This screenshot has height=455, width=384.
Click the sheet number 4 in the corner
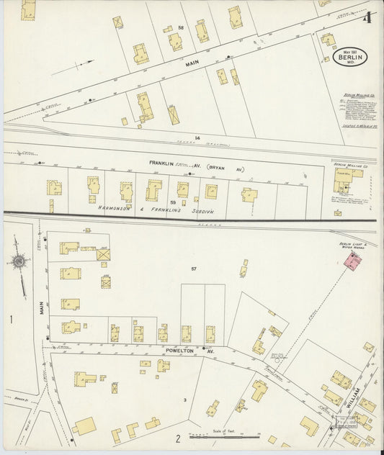click(x=367, y=18)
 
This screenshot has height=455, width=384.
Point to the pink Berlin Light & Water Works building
click(x=352, y=264)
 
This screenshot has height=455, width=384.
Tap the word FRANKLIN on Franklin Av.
click(x=162, y=163)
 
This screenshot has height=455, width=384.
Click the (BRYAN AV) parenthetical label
click(x=227, y=168)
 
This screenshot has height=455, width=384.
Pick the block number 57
click(x=194, y=269)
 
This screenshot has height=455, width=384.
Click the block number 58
click(x=181, y=27)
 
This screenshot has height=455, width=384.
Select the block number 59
click(x=171, y=202)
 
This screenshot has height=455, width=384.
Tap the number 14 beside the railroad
click(x=196, y=137)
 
